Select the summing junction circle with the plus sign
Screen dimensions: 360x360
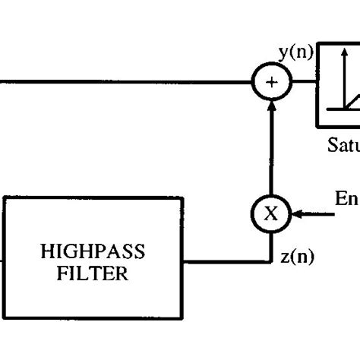point(270,81)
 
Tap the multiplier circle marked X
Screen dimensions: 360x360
point(270,213)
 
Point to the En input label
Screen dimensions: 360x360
point(346,199)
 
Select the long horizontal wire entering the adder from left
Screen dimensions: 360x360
point(122,81)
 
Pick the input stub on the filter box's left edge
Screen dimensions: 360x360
point(2,263)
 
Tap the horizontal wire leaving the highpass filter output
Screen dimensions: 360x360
point(228,263)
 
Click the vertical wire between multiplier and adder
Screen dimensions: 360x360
point(270,152)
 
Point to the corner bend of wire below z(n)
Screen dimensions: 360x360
point(270,263)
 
